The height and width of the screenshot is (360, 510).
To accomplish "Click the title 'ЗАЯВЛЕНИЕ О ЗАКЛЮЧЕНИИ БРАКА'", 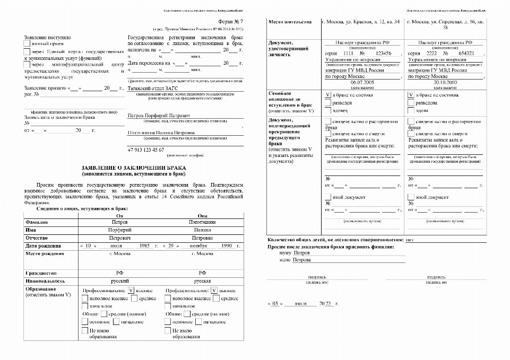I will tap(133, 167).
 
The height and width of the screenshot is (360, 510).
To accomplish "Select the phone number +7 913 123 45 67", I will tap(146, 150).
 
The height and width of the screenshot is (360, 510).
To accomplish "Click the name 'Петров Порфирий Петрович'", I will tap(158, 115).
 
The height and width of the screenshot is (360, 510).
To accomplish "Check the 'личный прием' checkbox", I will tap(28, 45).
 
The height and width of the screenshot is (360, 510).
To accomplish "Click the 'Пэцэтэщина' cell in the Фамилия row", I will tap(202, 223).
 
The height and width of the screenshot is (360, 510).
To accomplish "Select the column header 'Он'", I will tap(119, 216).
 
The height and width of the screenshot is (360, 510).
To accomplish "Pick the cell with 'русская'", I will tap(202, 281).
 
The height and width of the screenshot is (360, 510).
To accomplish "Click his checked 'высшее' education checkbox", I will tap(132, 291).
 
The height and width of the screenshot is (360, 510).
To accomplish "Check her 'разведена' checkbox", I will tap(411, 103).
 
